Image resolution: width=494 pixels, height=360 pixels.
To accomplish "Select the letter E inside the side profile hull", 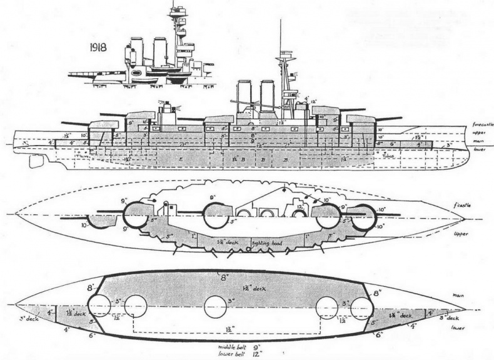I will (x=181, y=161).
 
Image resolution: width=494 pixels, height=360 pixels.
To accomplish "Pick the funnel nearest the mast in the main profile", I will (x=268, y=96).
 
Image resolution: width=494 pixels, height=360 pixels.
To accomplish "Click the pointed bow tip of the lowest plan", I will (x=464, y=307).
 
